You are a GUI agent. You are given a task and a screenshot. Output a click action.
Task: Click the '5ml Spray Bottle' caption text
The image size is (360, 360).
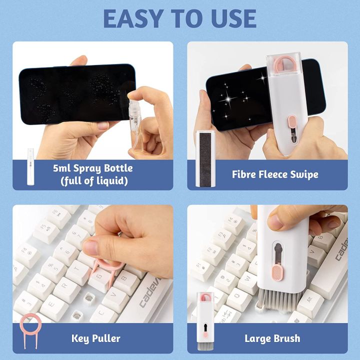coord(100,168)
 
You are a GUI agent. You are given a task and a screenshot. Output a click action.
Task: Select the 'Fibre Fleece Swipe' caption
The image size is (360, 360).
coord(275,174)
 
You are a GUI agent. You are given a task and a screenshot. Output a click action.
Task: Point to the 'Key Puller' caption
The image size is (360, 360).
coord(95,338)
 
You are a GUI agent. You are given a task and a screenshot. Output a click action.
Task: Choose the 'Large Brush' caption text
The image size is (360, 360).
coord(272,338)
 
